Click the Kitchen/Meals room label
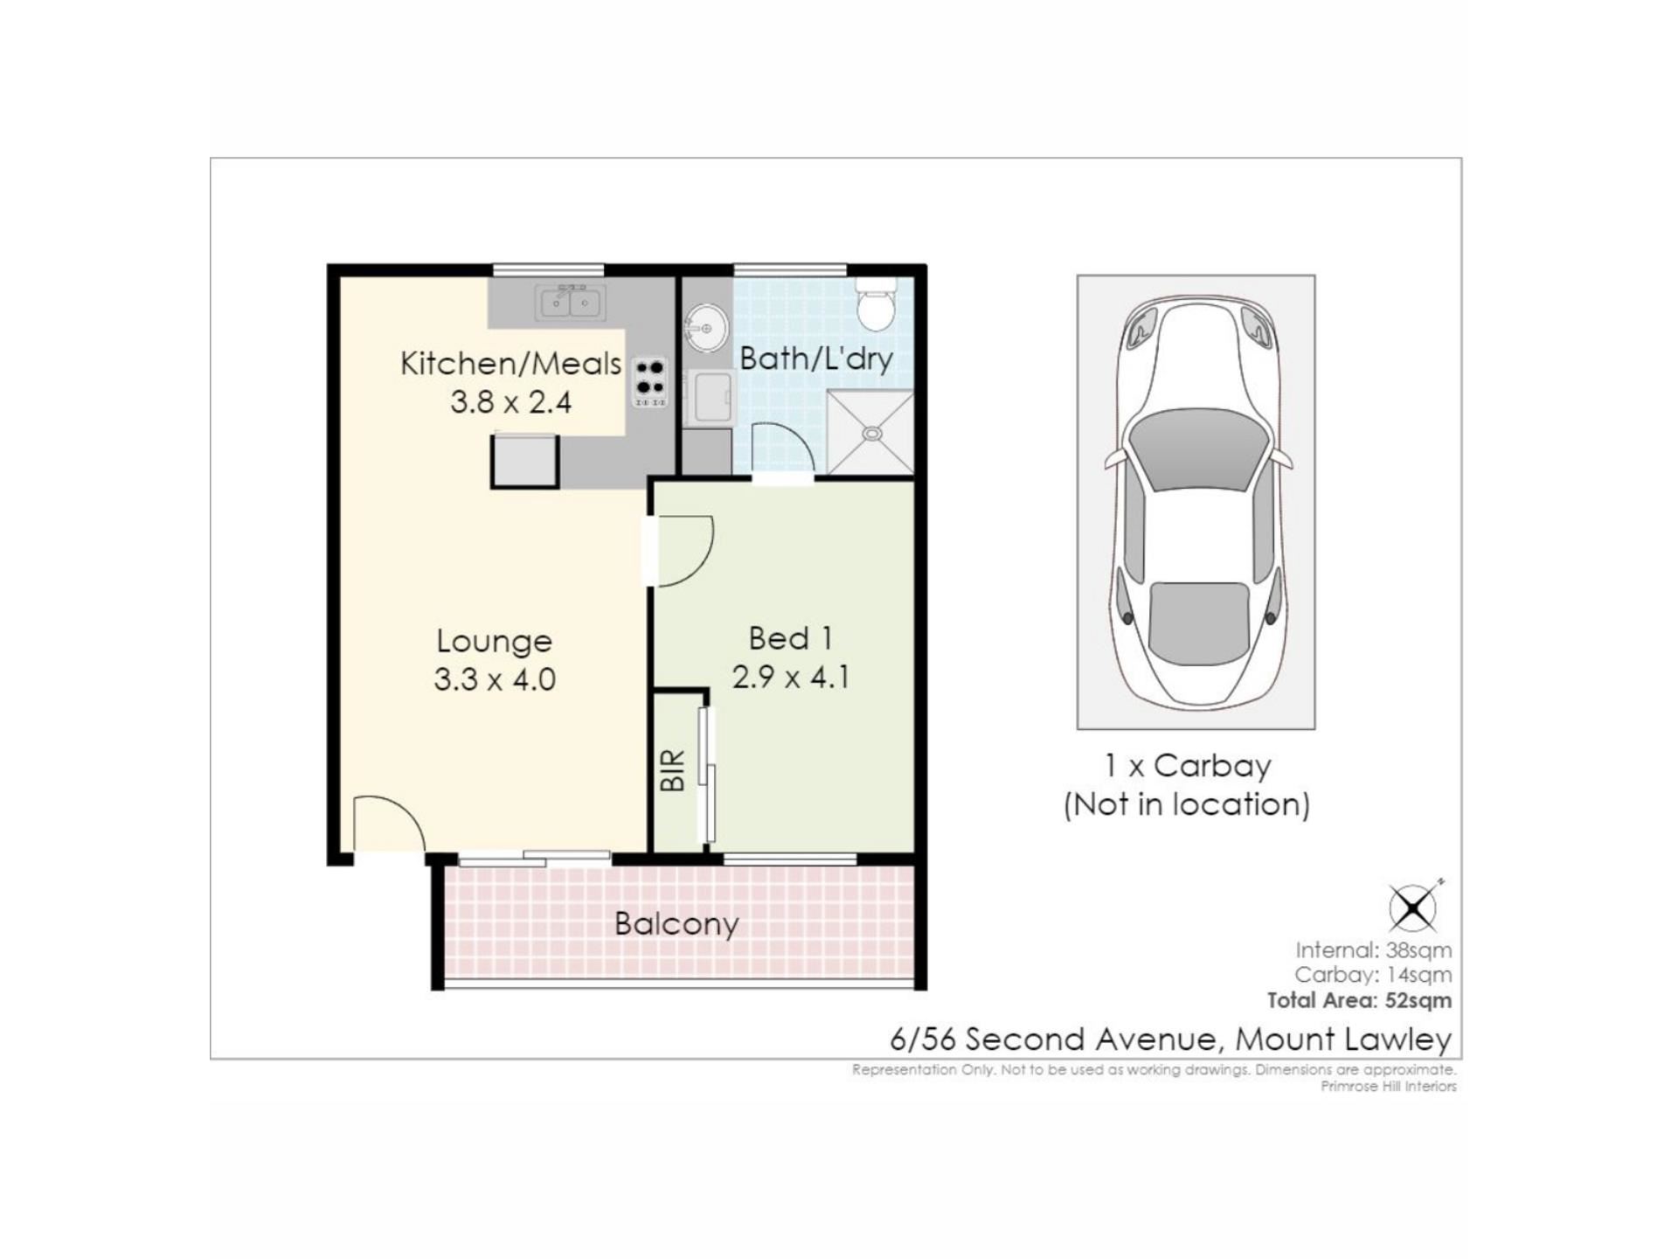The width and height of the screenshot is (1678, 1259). (x=510, y=364)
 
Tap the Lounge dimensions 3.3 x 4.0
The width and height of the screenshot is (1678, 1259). (x=495, y=679)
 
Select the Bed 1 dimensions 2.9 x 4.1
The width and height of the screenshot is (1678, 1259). (x=791, y=677)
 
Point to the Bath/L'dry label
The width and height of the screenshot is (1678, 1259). (x=816, y=358)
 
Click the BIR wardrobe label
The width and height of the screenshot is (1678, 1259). (x=672, y=770)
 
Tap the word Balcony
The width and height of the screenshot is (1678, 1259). (x=676, y=924)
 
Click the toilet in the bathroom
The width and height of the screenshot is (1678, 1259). (x=876, y=304)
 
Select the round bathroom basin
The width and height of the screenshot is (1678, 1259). (x=705, y=329)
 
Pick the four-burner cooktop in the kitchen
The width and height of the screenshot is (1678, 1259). (x=650, y=382)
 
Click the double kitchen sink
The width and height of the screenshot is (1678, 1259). (x=571, y=303)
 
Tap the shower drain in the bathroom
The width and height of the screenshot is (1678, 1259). (x=871, y=433)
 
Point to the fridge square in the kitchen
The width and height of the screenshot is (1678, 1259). (x=524, y=460)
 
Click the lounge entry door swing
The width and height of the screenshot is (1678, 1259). (x=389, y=822)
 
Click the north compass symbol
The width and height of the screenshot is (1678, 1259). (x=1413, y=907)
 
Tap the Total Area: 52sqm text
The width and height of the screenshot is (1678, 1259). (x=1360, y=1000)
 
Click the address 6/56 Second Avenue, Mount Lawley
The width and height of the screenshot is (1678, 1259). (x=1171, y=1039)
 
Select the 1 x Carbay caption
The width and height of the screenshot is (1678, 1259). (x=1188, y=766)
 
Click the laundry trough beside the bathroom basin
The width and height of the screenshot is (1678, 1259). (x=710, y=398)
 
